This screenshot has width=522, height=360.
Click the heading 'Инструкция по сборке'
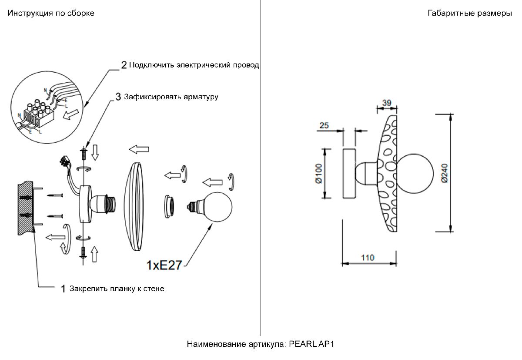50,13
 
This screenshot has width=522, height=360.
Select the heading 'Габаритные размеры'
469,13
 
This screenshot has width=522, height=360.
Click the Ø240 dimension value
443,172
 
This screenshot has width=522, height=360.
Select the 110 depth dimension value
368,257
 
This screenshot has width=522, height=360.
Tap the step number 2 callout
124,65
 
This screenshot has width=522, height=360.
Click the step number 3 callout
118,97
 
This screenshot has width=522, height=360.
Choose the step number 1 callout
63,289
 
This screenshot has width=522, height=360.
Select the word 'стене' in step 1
154,289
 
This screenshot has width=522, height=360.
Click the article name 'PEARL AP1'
311,344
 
